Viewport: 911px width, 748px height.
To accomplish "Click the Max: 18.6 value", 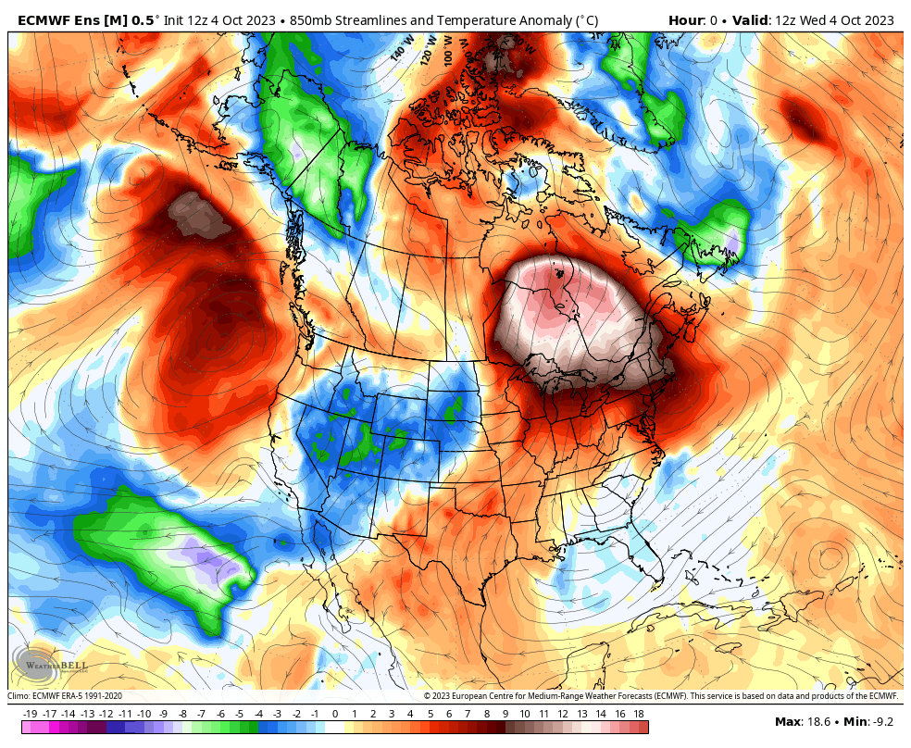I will (x=801, y=721).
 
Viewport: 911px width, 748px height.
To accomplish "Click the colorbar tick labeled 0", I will (x=334, y=714).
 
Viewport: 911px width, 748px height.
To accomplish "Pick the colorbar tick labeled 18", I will (x=638, y=714).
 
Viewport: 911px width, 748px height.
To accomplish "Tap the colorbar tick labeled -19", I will (x=30, y=714).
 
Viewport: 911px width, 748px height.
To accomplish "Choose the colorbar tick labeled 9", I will (x=505, y=714).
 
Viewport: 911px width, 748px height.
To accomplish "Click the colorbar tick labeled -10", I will (x=144, y=714).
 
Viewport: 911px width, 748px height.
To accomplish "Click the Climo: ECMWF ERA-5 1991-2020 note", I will (x=65, y=696).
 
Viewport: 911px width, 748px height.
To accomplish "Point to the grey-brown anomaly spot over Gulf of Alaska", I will (x=199, y=216).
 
